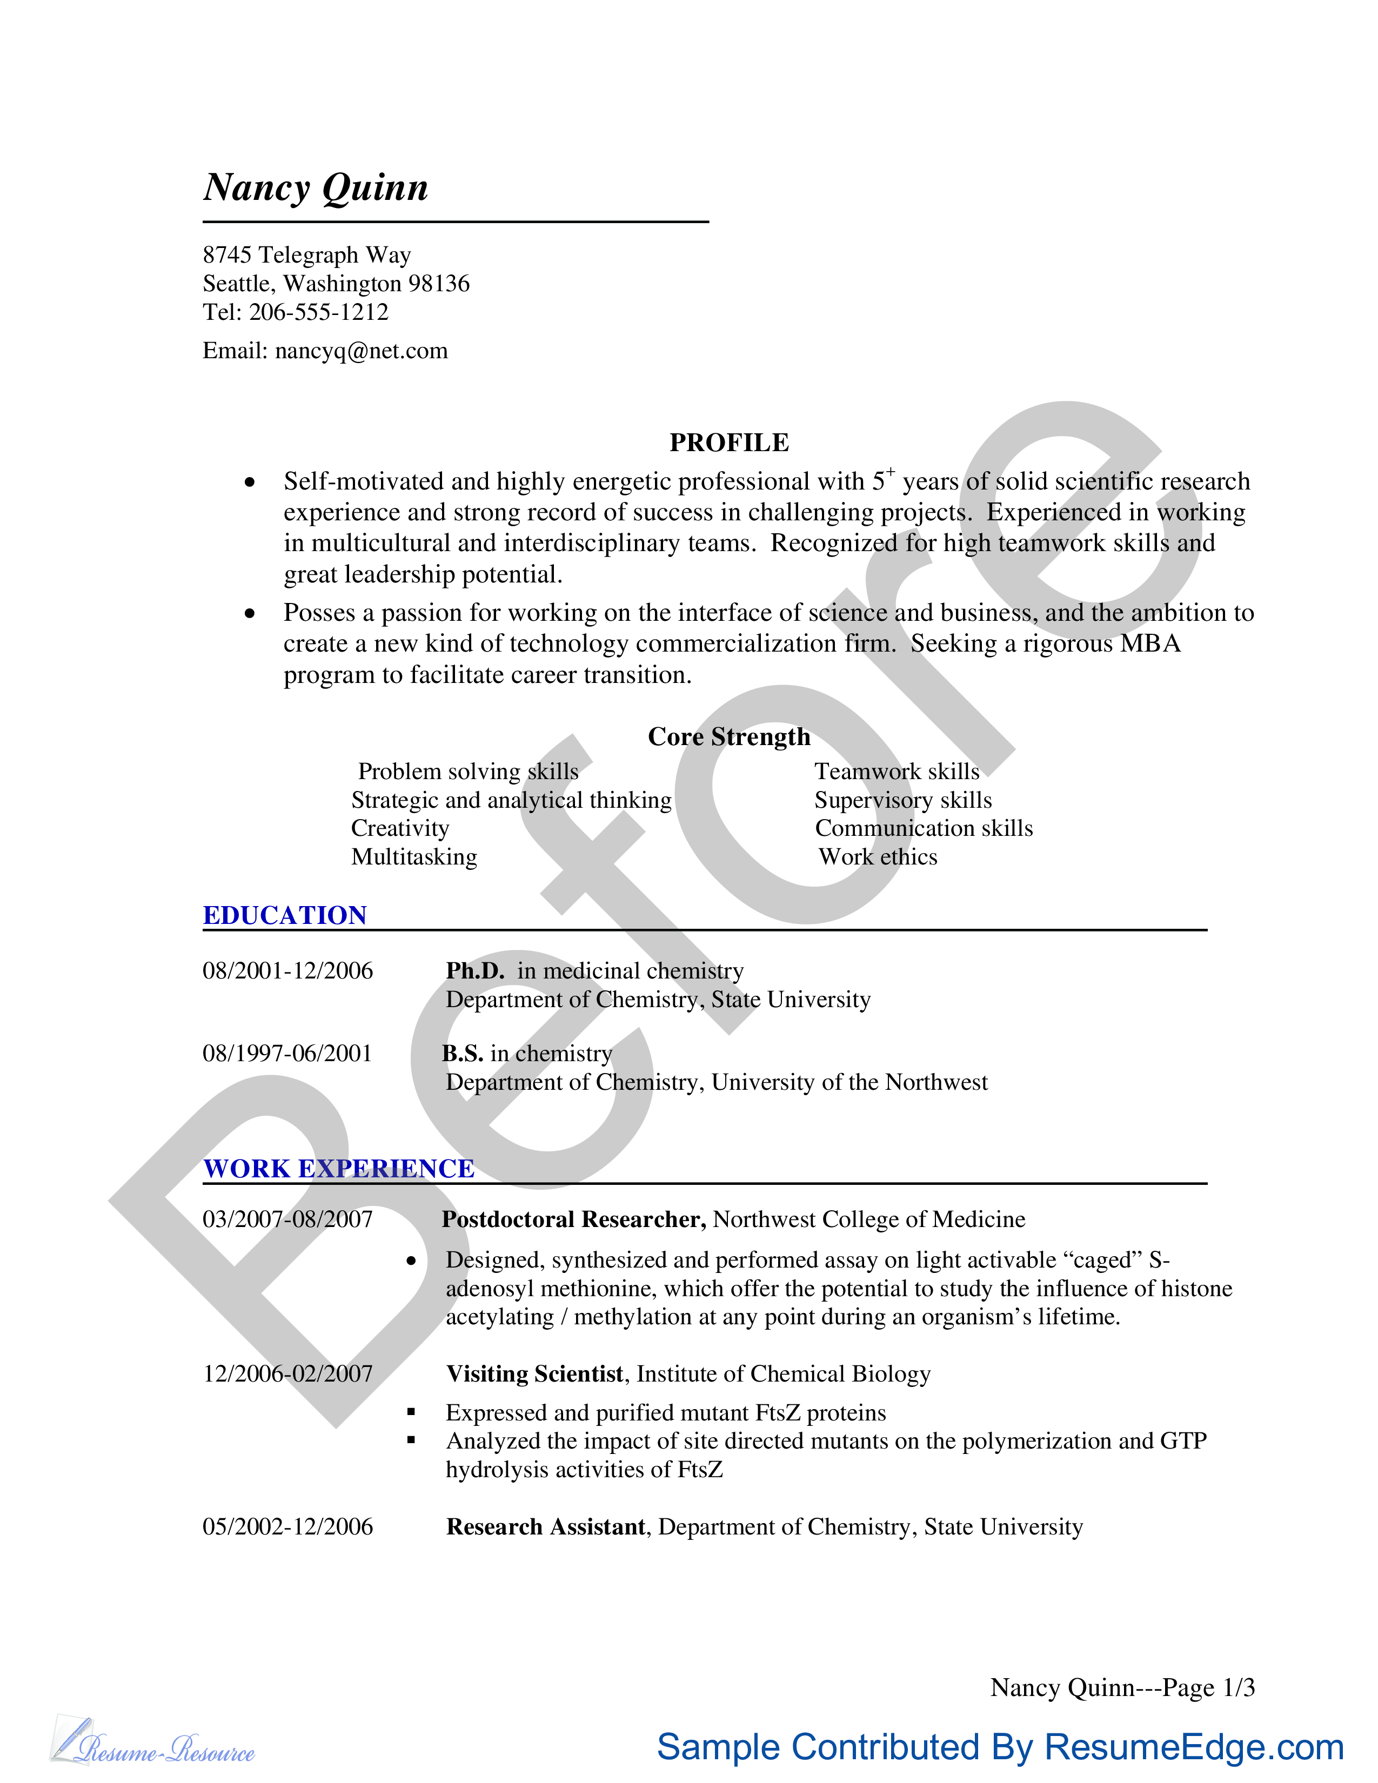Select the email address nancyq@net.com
click(x=361, y=351)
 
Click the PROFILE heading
click(x=729, y=443)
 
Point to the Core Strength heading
click(x=729, y=736)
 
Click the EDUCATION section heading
click(x=285, y=915)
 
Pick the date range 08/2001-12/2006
click(x=287, y=971)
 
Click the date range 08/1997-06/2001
click(x=287, y=1053)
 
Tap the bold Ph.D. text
click(x=475, y=971)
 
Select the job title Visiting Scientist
click(x=534, y=1374)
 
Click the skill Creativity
click(x=400, y=829)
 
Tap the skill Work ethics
click(x=878, y=857)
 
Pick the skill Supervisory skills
click(x=903, y=800)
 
